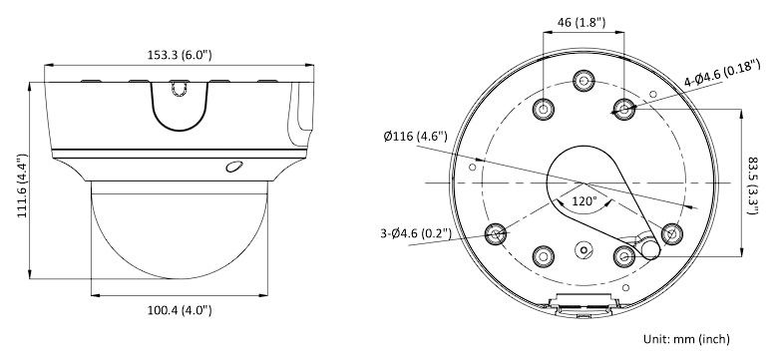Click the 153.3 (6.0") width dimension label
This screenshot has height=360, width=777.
click(x=180, y=55)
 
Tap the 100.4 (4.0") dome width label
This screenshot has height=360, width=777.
click(x=180, y=310)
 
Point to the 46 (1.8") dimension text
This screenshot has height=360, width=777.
click(x=582, y=22)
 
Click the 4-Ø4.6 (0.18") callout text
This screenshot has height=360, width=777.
click(x=722, y=73)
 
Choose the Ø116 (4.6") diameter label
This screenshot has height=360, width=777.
click(x=415, y=137)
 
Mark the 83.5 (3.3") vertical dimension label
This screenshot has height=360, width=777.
click(x=753, y=186)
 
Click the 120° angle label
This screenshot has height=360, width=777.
click(x=584, y=201)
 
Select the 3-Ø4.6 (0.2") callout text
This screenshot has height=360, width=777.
click(x=416, y=232)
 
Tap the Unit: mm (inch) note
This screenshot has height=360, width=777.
click(x=686, y=339)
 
